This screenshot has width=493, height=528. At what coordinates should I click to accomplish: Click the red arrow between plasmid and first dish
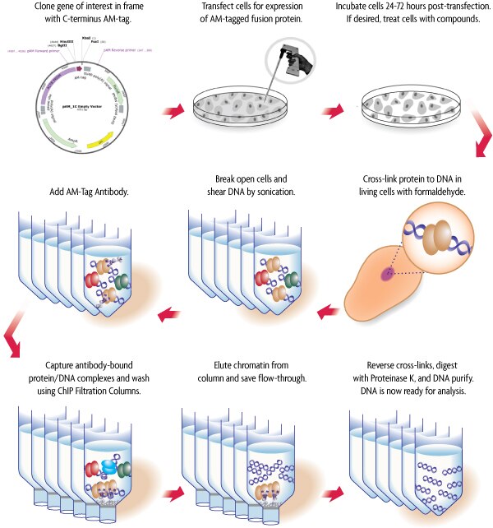pos(173,109)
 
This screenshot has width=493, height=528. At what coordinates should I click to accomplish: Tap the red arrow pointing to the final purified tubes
pos(332,495)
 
